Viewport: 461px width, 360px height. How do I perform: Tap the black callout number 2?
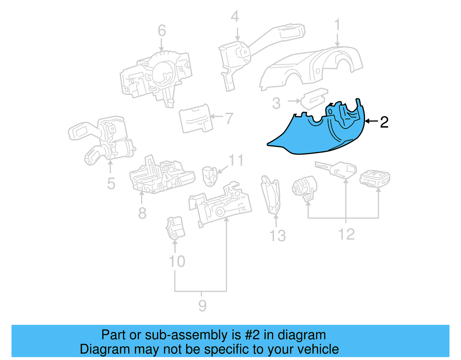point(384,122)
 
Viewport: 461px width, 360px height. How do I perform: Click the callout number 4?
point(235,17)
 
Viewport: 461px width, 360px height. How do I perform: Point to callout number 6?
point(162,31)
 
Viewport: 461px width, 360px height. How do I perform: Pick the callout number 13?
point(277,235)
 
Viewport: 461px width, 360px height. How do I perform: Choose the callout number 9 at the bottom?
point(202,306)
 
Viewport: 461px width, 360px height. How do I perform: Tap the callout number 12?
point(346,234)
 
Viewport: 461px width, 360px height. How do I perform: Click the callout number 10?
point(177,261)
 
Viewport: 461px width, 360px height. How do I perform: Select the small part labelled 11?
point(210,176)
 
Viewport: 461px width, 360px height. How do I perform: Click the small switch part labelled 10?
point(175,228)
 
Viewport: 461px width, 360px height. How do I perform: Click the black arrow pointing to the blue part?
point(372,121)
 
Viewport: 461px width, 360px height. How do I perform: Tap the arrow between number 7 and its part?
point(217,117)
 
